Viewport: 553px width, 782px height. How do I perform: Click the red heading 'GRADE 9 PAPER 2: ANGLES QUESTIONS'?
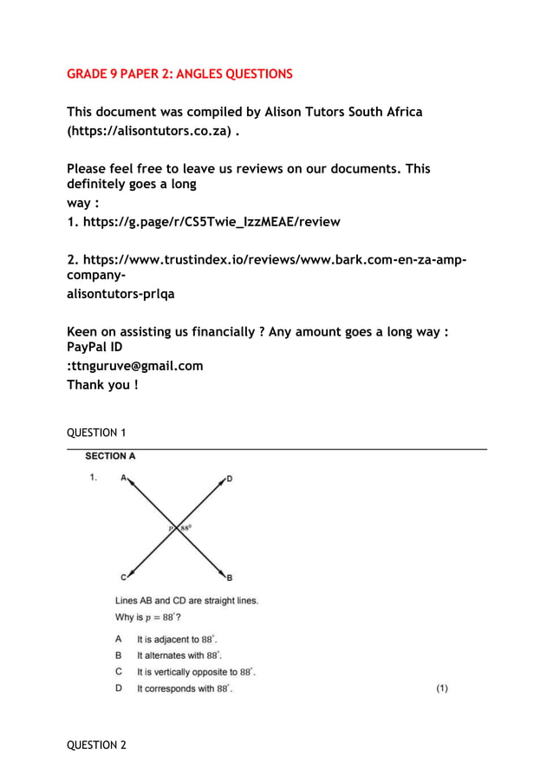click(x=179, y=74)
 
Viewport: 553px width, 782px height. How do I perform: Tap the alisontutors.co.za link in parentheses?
click(x=149, y=131)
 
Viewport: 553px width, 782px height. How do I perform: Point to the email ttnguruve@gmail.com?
click(x=137, y=366)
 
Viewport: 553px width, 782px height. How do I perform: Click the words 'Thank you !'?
click(x=102, y=385)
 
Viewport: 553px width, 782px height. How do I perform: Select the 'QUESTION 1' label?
click(x=96, y=433)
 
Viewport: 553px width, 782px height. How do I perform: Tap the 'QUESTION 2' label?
click(x=96, y=745)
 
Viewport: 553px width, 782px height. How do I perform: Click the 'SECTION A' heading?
click(x=110, y=456)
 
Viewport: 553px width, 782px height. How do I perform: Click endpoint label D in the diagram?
click(x=230, y=478)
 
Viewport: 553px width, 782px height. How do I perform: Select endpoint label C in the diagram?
click(x=123, y=577)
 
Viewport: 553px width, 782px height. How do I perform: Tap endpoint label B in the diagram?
click(x=230, y=577)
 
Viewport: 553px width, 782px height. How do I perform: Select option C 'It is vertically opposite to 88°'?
click(x=196, y=672)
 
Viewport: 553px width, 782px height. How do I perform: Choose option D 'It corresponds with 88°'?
click(x=184, y=688)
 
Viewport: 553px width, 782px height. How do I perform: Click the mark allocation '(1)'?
click(x=442, y=688)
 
